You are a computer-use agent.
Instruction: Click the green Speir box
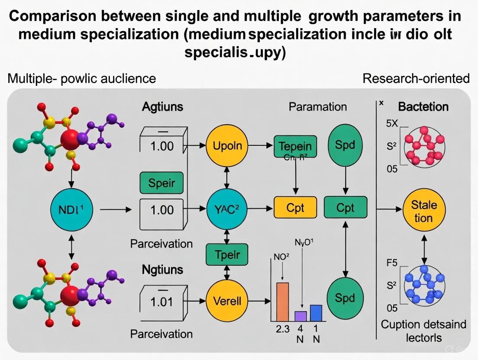pyautogui.click(x=161, y=182)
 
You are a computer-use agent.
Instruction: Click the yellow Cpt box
pyautogui.click(x=295, y=208)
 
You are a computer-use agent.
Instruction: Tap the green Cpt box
pyautogui.click(x=346, y=208)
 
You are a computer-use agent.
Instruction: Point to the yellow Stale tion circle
pyautogui.click(x=424, y=211)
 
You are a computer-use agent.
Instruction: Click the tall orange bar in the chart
pyautogui.click(x=282, y=302)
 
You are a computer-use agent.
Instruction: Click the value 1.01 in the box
pyautogui.click(x=161, y=302)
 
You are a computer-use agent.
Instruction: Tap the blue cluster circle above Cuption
pyautogui.click(x=424, y=285)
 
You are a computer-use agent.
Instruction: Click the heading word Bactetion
pyautogui.click(x=423, y=107)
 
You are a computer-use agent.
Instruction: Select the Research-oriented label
pyautogui.click(x=416, y=78)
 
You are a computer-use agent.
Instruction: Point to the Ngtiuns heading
pyautogui.click(x=162, y=270)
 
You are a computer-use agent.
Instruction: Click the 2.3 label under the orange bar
pyautogui.click(x=282, y=328)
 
